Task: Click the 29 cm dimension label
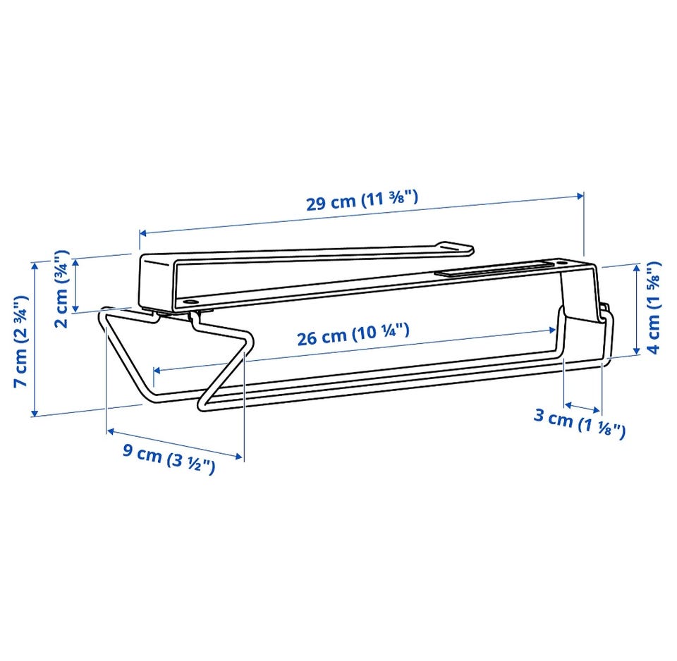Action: tap(362, 201)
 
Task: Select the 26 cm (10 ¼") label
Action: tap(353, 335)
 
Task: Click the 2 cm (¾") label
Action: tap(61, 289)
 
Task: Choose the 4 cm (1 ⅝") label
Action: tap(654, 307)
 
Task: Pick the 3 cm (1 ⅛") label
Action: tap(580, 424)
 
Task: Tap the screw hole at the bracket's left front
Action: tap(189, 301)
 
